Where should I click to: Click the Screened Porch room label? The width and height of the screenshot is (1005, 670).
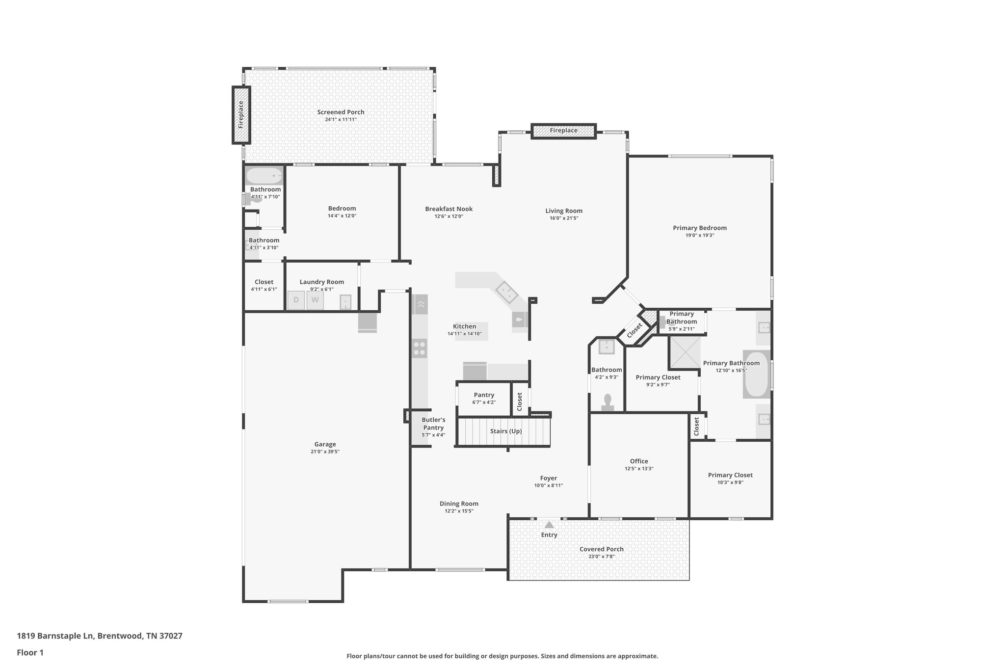pos(341,112)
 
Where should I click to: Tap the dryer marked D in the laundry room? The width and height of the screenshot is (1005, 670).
pos(296,300)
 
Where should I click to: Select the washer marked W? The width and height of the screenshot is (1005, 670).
pos(315,300)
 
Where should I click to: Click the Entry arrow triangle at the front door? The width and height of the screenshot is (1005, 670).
pos(549,525)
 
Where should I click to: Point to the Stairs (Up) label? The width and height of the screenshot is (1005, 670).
pos(505,431)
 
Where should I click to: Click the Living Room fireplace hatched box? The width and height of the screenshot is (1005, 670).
pos(563,131)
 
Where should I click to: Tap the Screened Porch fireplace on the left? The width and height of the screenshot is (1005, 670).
pos(241,115)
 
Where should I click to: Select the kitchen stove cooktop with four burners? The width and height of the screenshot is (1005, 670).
pos(420,348)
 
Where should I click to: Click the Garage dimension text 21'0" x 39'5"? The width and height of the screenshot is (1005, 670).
pos(325,452)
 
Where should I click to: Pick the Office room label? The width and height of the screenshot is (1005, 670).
pos(639,461)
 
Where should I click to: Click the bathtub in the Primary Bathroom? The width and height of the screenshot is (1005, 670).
pos(756,374)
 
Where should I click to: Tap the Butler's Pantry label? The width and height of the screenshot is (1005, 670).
pos(433,424)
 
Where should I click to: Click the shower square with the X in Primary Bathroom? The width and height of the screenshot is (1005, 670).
pos(685,353)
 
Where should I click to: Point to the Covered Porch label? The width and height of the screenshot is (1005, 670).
pos(601,549)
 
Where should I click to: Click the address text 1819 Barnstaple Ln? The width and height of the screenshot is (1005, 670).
pos(55,636)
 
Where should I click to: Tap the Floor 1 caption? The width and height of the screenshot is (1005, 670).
pos(30,652)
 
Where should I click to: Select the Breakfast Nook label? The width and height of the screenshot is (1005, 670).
pos(449,209)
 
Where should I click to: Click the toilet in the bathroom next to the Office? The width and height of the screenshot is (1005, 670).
pos(608,402)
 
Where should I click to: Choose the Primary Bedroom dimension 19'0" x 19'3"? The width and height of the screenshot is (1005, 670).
pos(699,235)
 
